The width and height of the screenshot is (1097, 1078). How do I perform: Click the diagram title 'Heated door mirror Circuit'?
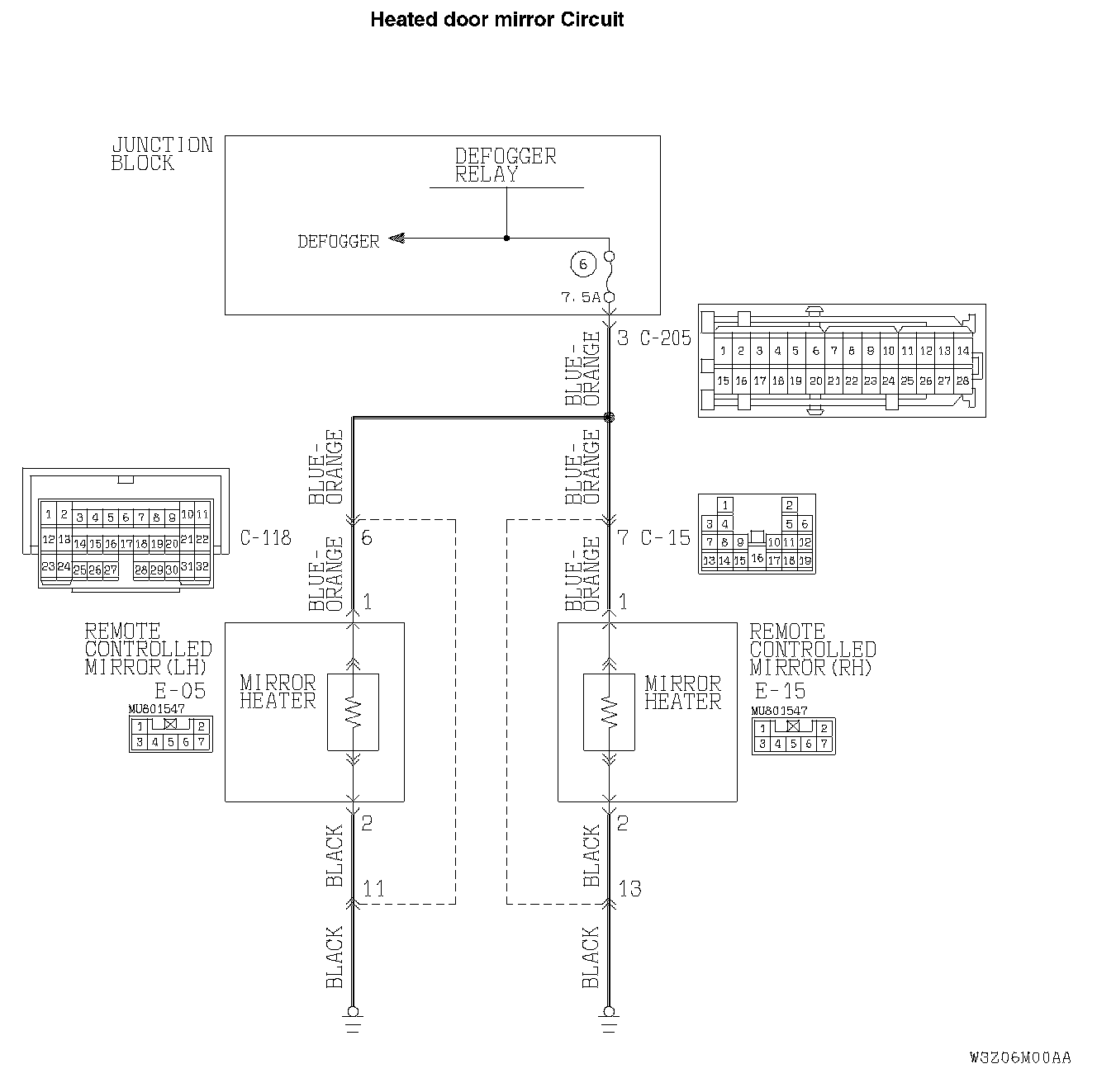point(496,19)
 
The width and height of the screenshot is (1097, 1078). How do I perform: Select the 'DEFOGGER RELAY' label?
point(505,165)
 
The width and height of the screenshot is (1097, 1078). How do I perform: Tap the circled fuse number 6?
point(582,264)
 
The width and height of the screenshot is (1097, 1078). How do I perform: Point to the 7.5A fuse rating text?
point(581,297)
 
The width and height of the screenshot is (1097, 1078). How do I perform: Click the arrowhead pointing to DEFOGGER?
point(396,239)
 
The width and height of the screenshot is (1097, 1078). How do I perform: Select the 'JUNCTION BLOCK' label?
point(162,154)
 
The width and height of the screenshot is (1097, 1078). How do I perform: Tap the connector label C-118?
point(265,538)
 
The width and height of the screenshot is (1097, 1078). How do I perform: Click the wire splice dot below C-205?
point(610,418)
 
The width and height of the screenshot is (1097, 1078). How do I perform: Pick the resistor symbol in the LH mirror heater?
point(353,712)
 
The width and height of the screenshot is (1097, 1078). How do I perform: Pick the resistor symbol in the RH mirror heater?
point(609,712)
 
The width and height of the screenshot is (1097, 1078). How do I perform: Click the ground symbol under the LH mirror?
point(353,1019)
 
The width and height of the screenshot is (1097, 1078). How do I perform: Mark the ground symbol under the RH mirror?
point(609,1019)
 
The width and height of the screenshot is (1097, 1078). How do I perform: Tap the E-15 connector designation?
point(780,691)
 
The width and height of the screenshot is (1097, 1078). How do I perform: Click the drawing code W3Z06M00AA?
point(1020,1057)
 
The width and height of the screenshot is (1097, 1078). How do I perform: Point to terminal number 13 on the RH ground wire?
point(629,889)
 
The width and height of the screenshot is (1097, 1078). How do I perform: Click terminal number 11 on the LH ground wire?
point(373,889)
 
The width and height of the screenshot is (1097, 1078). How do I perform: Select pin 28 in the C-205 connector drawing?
point(962,381)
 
